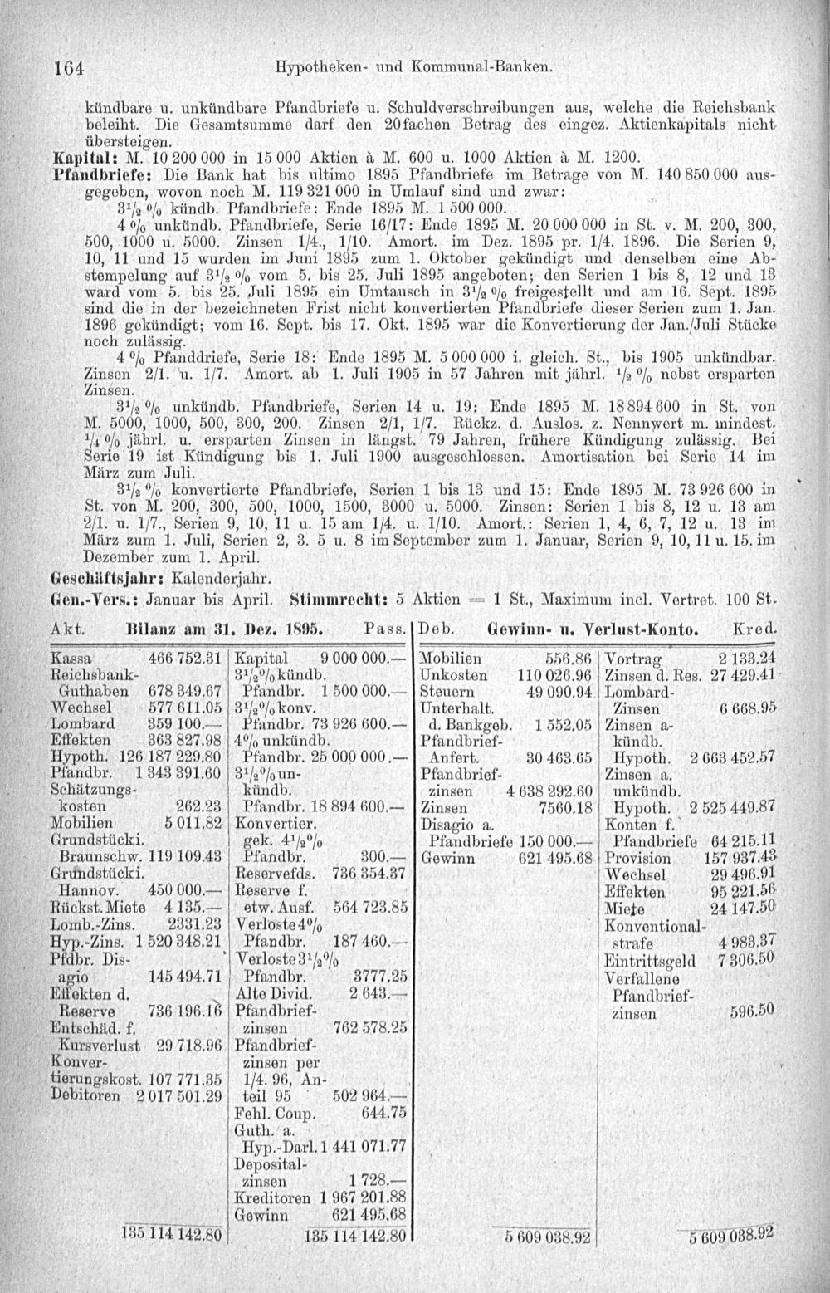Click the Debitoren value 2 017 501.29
pyautogui.click(x=178, y=1096)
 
